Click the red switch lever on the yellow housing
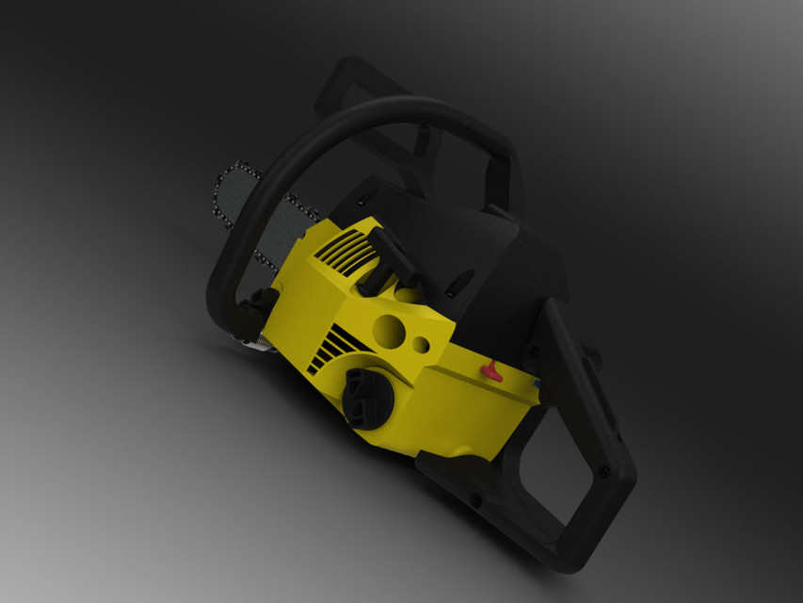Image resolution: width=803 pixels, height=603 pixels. (x=491, y=371)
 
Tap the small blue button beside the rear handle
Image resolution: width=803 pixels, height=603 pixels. (x=537, y=384)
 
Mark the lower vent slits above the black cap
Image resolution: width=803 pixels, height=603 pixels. (x=326, y=346)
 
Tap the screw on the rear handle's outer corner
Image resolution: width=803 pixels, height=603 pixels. (x=603, y=470)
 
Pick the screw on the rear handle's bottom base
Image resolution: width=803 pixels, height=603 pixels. (x=476, y=498)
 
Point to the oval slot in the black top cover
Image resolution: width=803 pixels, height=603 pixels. (x=461, y=280)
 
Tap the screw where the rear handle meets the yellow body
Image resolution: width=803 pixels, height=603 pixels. (x=533, y=352)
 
